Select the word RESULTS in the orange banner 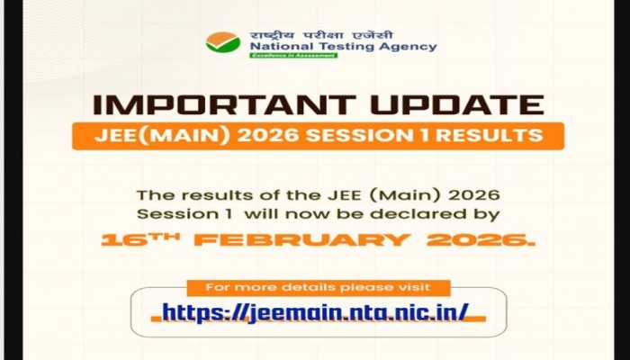pos(478,136)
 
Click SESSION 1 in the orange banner pos(345,136)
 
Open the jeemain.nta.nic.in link pos(315,312)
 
